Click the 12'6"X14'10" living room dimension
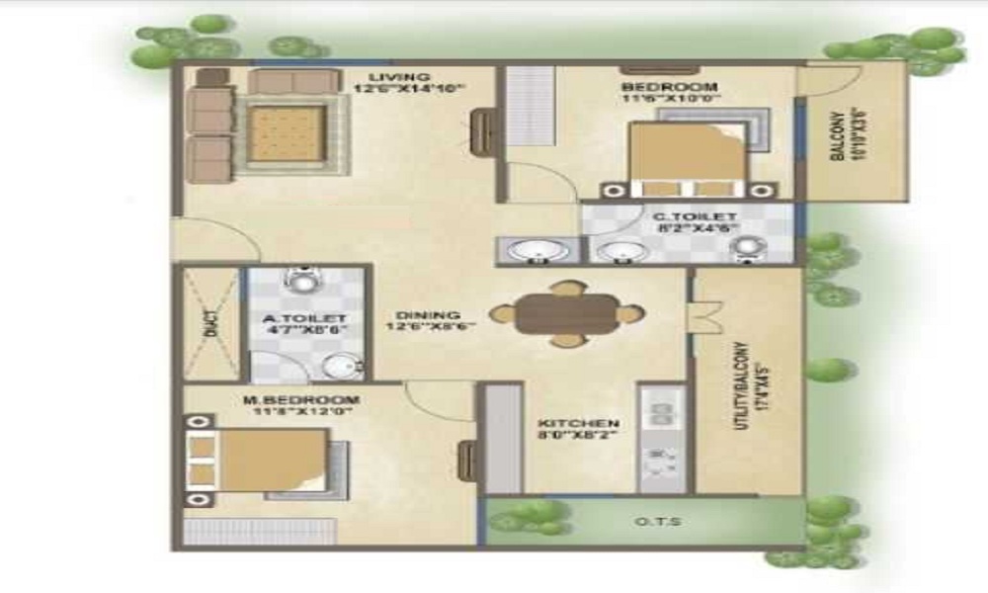409,88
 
